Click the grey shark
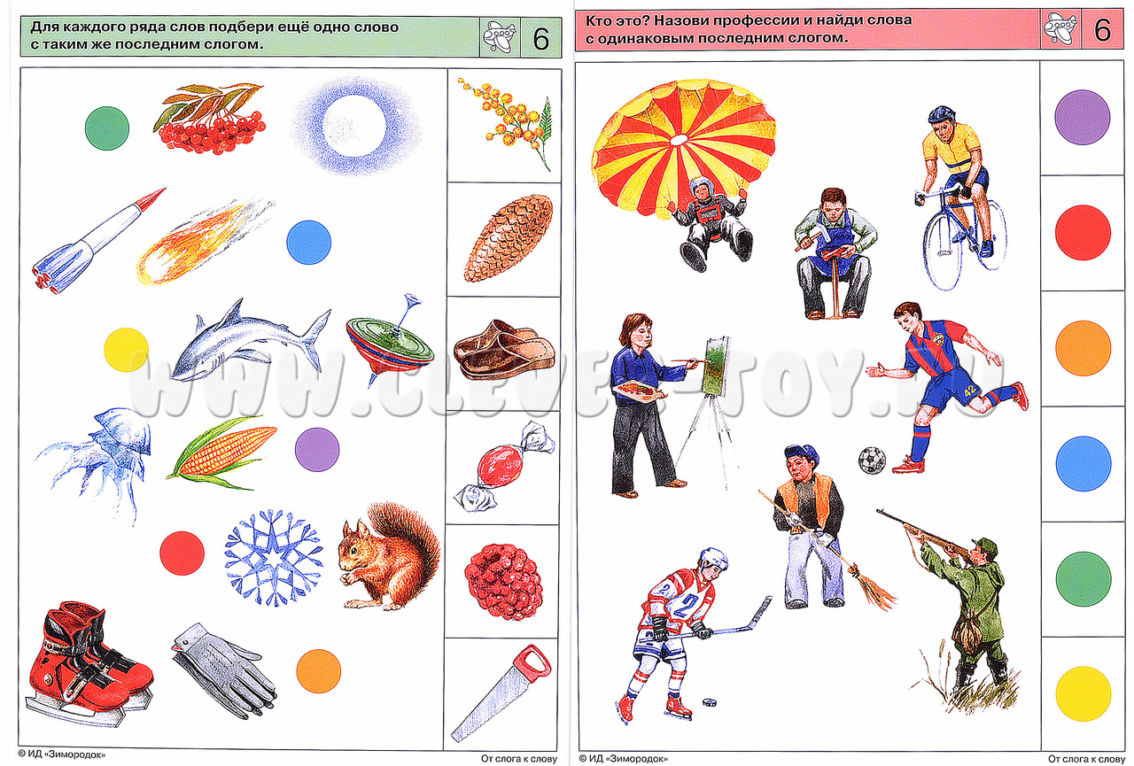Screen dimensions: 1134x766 click(x=248, y=344)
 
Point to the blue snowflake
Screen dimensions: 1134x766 click(x=274, y=556)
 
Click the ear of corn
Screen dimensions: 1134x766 click(x=222, y=452)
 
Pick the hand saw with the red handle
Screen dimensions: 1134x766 click(x=501, y=693)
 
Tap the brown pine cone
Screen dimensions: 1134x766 click(x=508, y=238)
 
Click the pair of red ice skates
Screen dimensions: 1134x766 click(x=89, y=662)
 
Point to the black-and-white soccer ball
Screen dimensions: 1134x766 click(x=872, y=460)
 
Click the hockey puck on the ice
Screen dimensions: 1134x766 click(x=710, y=701)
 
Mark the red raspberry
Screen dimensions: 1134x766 click(x=504, y=582)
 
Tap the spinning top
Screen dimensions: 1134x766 click(x=390, y=339)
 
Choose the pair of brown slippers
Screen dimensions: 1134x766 click(x=504, y=349)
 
